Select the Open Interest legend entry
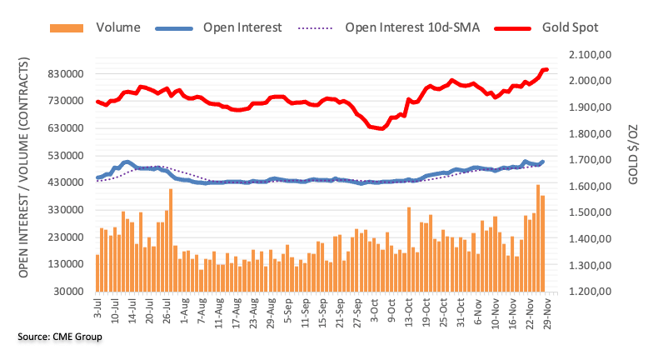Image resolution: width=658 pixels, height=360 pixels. [242, 27]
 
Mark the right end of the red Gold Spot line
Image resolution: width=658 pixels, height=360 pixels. [546, 70]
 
